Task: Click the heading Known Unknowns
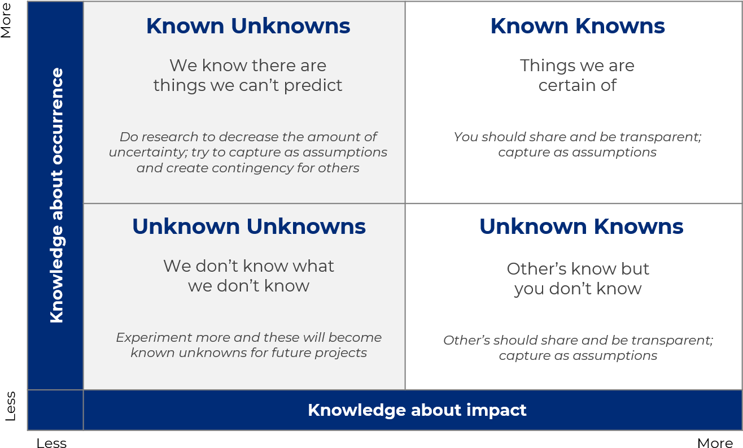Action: (248, 26)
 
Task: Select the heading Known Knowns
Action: (578, 26)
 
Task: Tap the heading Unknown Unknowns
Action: (249, 227)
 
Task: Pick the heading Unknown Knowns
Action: (581, 227)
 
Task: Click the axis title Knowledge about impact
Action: (417, 410)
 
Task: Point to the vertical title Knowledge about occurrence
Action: (56, 195)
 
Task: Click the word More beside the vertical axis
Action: (6, 20)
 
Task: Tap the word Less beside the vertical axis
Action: (10, 406)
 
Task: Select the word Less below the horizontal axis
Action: (51, 443)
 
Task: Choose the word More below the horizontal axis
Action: (715, 443)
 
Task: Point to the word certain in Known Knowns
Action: (567, 85)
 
